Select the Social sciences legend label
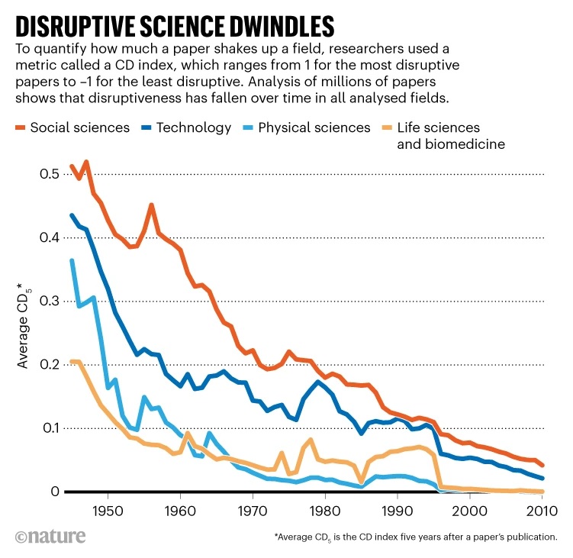pyautogui.click(x=80, y=127)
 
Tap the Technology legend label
pyautogui.click(x=194, y=127)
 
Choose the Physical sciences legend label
pyautogui.click(x=314, y=127)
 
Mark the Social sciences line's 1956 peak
pyautogui.click(x=151, y=205)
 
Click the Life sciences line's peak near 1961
pyautogui.click(x=188, y=433)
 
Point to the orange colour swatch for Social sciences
pyautogui.click(x=21, y=127)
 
